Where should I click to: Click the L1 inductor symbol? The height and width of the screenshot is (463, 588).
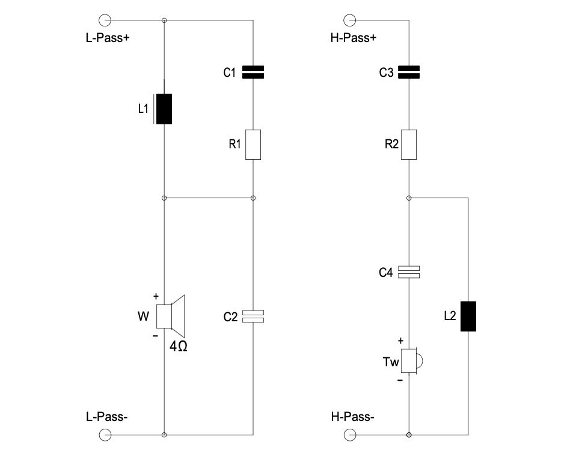pos(164,109)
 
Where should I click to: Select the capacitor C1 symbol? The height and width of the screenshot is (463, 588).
pos(253,73)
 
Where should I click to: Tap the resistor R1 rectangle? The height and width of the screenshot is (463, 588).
pos(253,144)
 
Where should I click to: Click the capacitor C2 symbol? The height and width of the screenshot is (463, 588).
pos(253,316)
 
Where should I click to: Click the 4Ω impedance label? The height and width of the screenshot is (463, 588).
pos(179,346)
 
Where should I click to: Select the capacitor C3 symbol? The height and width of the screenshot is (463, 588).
pos(409,73)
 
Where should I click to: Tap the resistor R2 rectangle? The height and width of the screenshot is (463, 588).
pos(409,144)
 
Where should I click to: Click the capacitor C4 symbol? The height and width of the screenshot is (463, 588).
pos(409,272)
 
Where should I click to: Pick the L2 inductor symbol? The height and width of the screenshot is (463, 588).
pos(468,316)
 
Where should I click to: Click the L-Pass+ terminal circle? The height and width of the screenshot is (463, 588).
pos(105,20)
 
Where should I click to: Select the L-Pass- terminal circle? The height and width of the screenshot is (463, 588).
pos(105,434)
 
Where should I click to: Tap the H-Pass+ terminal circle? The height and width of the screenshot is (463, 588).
pos(349,20)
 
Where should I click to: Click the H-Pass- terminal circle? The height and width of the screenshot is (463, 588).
pos(349,434)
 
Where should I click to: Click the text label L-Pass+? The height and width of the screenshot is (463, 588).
pos(108,37)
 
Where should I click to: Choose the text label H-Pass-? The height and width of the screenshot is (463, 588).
pos(352,417)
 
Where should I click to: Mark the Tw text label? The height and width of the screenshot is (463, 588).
pos(391,362)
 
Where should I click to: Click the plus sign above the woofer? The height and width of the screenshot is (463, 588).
pos(156,296)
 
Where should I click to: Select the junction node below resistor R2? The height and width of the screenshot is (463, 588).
pos(409,197)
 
